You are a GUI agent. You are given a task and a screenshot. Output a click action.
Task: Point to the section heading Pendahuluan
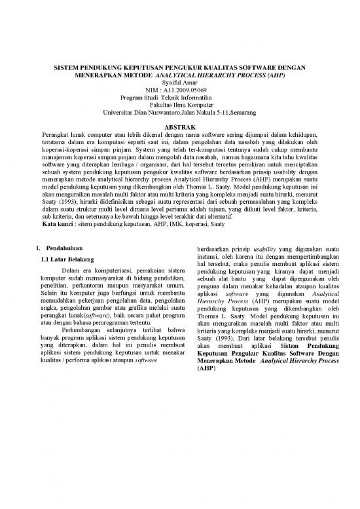(60, 249)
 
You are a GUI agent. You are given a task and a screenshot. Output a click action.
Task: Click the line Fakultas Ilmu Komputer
(179, 105)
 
